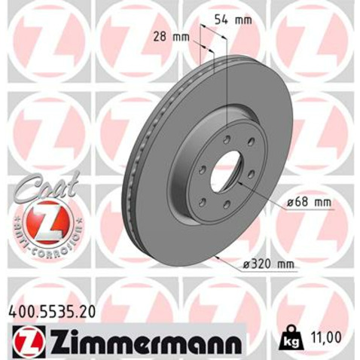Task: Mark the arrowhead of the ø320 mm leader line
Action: (217, 256)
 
